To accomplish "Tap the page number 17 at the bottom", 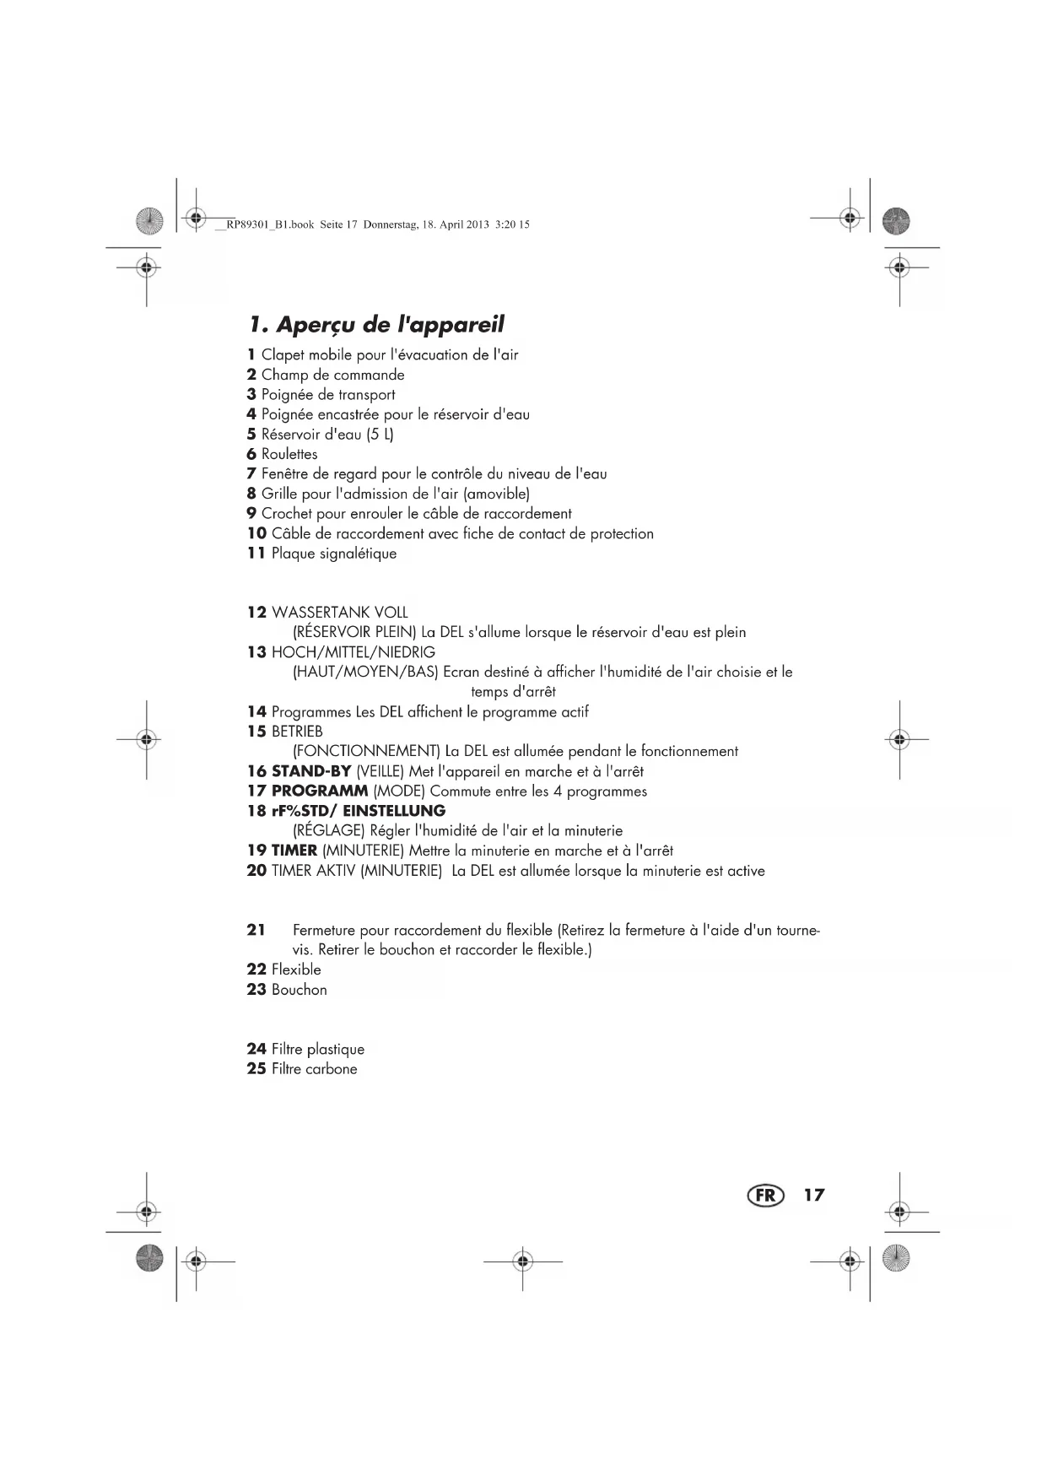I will tap(813, 1195).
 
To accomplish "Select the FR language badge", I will tap(765, 1195).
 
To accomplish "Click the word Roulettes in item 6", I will tap(289, 454).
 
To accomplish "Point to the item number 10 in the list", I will tap(256, 533).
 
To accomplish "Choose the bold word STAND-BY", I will tap(310, 771).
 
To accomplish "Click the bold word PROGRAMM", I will tap(319, 791).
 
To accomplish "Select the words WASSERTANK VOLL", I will tap(339, 613).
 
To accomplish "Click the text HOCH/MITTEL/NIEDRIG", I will tap(353, 652).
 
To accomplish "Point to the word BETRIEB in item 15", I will tap(297, 732).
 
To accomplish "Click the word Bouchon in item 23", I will tap(299, 990).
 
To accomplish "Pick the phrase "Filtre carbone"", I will tap(314, 1069).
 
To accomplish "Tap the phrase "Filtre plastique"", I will tap(317, 1050).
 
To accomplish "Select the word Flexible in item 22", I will tap(296, 970).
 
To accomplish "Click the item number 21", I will tap(256, 930).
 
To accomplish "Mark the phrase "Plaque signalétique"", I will tap(333, 554).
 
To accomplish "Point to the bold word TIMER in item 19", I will tap(294, 851).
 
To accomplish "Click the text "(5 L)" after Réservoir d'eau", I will tap(380, 435).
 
